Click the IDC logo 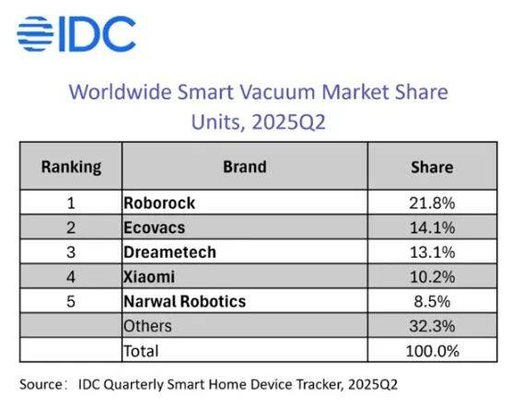(x=76, y=34)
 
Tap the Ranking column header (x=71, y=168)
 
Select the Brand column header (x=245, y=167)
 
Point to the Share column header (x=432, y=168)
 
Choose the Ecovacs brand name (x=154, y=227)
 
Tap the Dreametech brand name (x=169, y=252)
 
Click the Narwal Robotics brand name (x=184, y=301)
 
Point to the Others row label (x=148, y=326)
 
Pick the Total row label (x=141, y=351)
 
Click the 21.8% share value (x=432, y=203)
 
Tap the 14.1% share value (x=432, y=227)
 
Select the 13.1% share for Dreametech (x=432, y=252)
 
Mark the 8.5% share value (x=432, y=301)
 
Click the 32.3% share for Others (x=432, y=326)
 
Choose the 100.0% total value (x=432, y=351)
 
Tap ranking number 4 (x=71, y=277)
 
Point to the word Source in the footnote (x=41, y=385)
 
